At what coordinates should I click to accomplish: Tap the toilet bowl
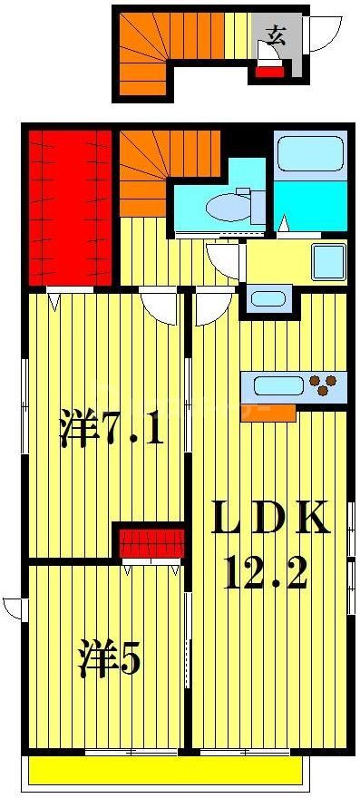click(228, 207)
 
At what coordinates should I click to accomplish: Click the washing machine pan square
click(326, 261)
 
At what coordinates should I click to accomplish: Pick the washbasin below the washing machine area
click(268, 299)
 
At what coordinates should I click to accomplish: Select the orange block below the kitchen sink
click(268, 413)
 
